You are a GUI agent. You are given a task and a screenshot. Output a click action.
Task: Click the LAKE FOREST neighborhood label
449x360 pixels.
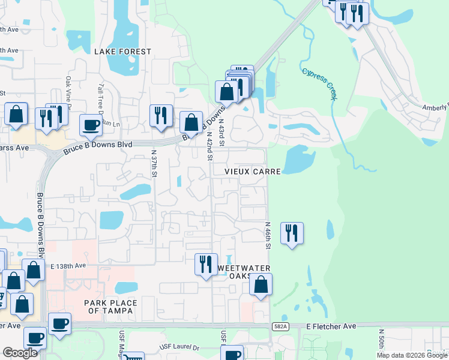[x=122, y=52]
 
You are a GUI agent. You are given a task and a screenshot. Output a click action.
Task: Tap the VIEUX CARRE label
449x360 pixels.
[x=253, y=172]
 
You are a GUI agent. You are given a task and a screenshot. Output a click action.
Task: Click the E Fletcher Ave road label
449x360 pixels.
[x=331, y=326]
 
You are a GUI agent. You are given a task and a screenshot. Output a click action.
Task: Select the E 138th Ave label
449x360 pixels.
[x=64, y=265]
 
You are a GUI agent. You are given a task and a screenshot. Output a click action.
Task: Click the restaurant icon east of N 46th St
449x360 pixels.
[x=292, y=233]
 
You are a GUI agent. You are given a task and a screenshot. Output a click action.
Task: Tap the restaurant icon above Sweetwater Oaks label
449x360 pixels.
[x=206, y=265]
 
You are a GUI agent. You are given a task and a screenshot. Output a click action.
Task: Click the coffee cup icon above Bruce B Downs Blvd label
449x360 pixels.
[x=91, y=125]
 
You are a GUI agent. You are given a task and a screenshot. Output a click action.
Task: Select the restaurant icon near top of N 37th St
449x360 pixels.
[x=161, y=115]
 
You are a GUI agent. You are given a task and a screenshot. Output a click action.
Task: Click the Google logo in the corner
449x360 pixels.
[x=20, y=353]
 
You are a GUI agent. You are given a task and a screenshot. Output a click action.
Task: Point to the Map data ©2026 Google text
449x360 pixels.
[x=412, y=355]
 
